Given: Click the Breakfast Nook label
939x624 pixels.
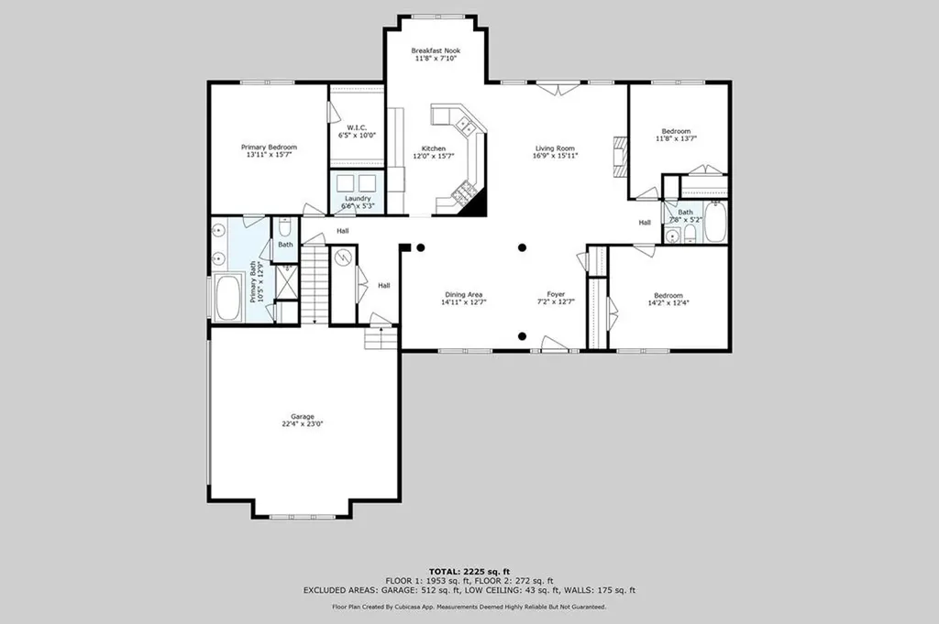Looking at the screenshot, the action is tap(436, 54).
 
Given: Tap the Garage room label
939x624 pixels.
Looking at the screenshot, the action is tap(303, 420).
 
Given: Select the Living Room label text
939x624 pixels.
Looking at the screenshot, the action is tap(555, 152).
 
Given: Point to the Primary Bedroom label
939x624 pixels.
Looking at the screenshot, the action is tap(269, 151).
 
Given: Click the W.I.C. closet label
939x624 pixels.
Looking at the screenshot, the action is tap(357, 131).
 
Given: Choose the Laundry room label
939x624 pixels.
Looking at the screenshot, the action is tap(358, 202).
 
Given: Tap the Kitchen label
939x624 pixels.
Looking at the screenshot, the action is tap(434, 152).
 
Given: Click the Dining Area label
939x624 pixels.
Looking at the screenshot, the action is tap(463, 298).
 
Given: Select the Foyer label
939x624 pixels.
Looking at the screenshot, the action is tap(556, 298).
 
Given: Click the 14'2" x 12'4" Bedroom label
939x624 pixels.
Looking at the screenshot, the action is tap(668, 299).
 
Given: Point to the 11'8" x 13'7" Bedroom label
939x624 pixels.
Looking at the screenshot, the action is tap(676, 135).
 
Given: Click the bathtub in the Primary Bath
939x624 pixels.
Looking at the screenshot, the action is tap(228, 298).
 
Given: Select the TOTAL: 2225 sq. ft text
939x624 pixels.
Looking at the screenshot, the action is tap(469, 572).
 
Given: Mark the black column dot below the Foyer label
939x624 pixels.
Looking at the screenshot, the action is tap(522, 335).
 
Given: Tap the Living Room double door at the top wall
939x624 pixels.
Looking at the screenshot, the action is tap(558, 88).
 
